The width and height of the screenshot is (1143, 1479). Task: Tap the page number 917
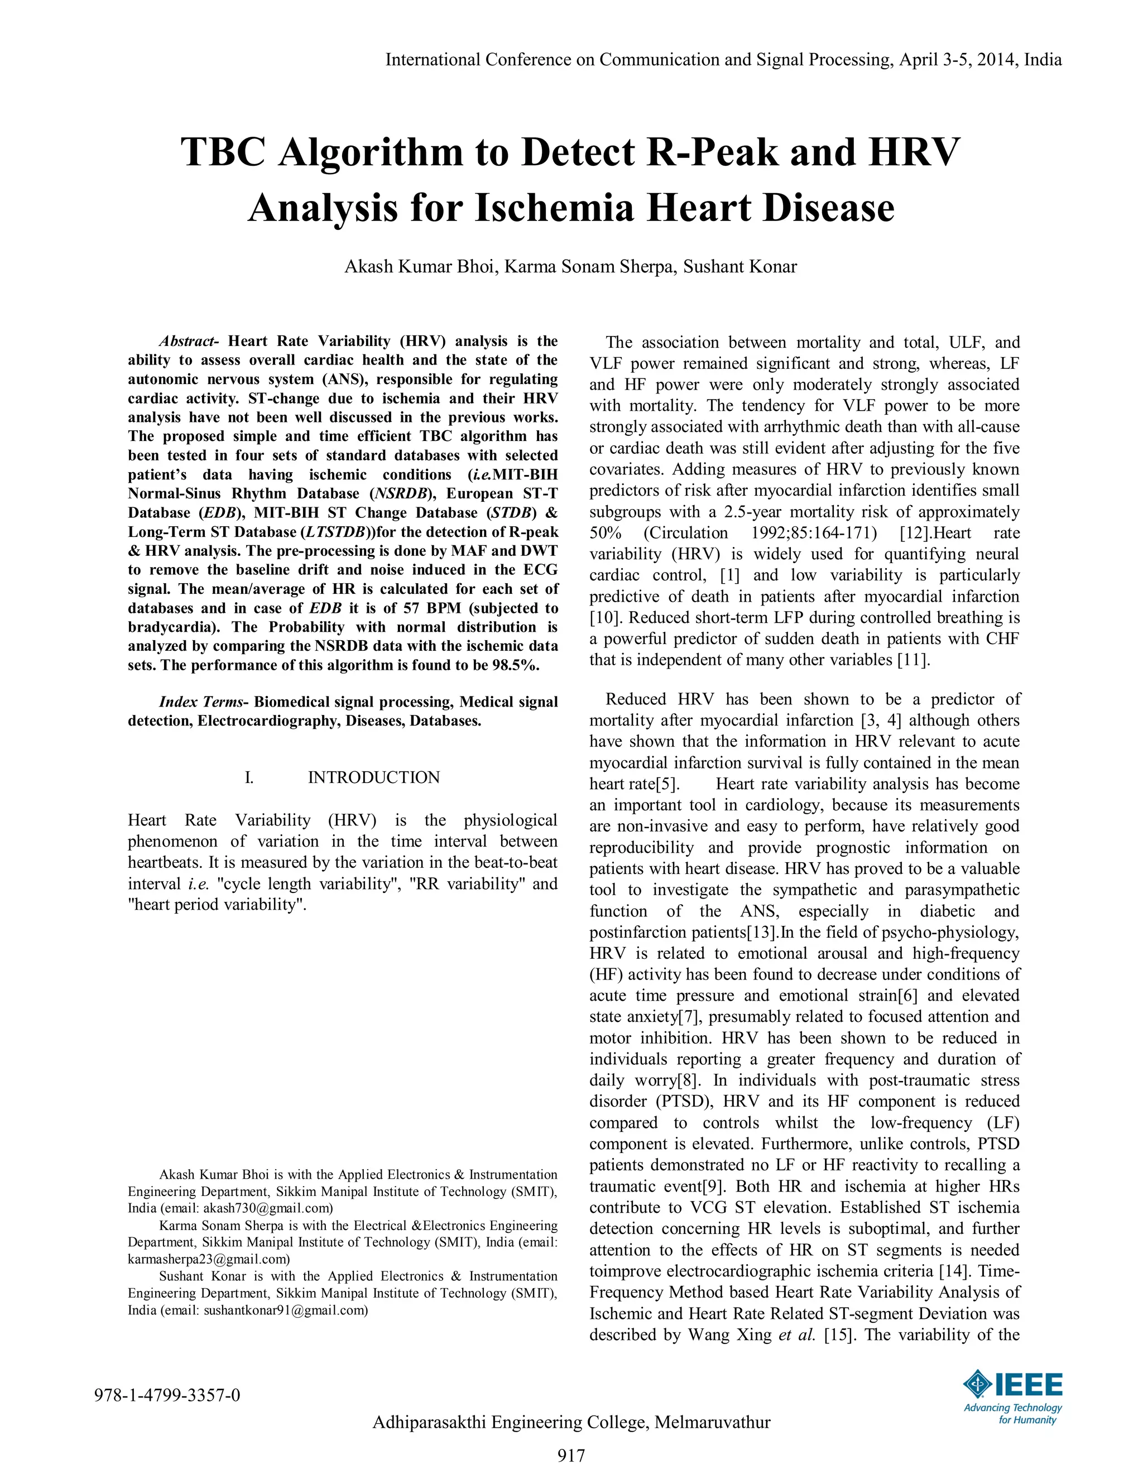571,1454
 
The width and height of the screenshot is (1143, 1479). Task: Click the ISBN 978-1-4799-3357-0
167,1395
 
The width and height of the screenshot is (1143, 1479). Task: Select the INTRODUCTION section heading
373,777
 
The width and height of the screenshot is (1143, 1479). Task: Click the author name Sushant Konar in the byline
739,266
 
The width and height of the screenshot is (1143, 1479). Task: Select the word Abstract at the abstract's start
185,340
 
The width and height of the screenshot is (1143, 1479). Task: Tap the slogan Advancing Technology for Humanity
1013,1413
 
